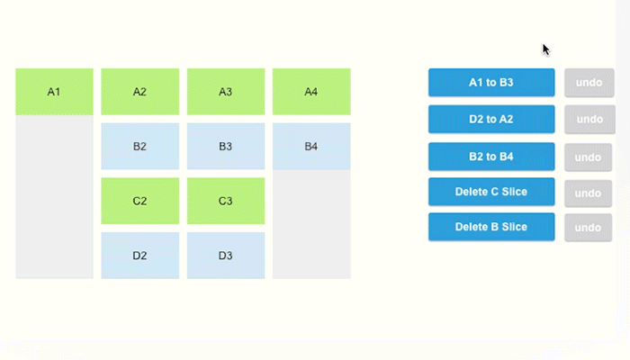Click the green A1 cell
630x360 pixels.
pos(54,92)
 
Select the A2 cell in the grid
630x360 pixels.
pos(139,92)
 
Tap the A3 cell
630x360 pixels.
pos(226,92)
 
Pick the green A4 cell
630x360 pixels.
pos(311,92)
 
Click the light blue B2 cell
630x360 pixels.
pos(139,146)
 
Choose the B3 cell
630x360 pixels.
pos(226,146)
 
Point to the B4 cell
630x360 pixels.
pos(311,146)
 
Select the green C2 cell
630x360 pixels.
pos(139,201)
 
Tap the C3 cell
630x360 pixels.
pos(226,201)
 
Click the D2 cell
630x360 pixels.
pos(139,256)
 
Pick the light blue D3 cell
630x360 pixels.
pos(226,256)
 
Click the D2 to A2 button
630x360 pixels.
pos(491,120)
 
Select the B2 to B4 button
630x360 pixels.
pos(491,157)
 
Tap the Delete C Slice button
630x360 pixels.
pos(491,192)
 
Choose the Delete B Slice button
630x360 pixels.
pos(491,227)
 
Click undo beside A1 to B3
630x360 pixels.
pos(589,83)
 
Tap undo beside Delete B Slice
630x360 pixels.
pos(588,228)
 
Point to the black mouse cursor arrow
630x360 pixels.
pos(545,49)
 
